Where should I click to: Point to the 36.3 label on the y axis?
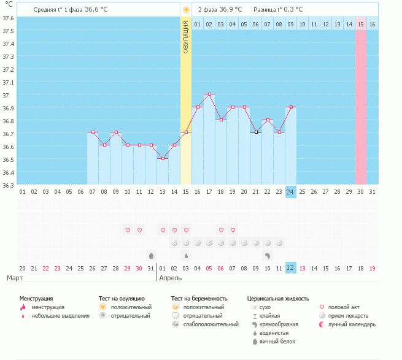tap(7, 185)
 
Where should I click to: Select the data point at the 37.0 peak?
tap(209, 94)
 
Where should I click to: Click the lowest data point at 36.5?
tap(163, 159)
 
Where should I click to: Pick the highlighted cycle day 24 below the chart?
tap(291, 192)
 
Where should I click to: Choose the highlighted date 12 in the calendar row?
tap(291, 268)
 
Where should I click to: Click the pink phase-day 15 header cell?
tap(361, 24)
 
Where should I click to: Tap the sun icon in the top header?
tap(186, 10)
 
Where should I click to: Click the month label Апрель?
tap(170, 278)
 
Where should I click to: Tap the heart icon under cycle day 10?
tap(128, 230)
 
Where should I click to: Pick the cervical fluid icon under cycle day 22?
tap(268, 255)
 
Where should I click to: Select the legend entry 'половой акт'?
tap(346, 307)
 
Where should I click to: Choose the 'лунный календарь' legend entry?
tap(352, 324)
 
